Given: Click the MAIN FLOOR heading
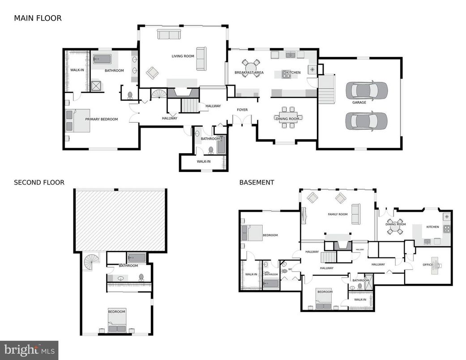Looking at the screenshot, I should pyautogui.click(x=38, y=18).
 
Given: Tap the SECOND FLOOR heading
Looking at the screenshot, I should pyautogui.click(x=39, y=182).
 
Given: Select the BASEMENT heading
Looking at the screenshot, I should pyautogui.click(x=257, y=182).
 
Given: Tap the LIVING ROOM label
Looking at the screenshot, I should pyautogui.click(x=183, y=56).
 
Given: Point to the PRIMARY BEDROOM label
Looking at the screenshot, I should pyautogui.click(x=102, y=119).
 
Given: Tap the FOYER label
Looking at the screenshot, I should pyautogui.click(x=242, y=110).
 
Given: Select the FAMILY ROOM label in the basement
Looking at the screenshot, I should pyautogui.click(x=338, y=214).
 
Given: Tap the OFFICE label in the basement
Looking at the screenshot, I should pyautogui.click(x=428, y=265).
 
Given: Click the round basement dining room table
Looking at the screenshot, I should pyautogui.click(x=395, y=226).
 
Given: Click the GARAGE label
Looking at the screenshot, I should pyautogui.click(x=359, y=103).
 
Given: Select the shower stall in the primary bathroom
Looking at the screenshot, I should pyautogui.click(x=96, y=86).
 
